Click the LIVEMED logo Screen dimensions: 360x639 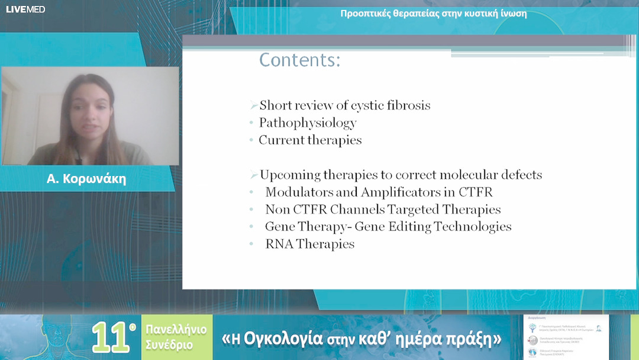point(25,9)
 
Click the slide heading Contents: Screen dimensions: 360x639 point(299,60)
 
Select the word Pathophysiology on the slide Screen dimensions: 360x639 point(308,123)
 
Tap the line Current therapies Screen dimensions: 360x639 point(310,140)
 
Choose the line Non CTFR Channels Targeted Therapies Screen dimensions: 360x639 point(383,210)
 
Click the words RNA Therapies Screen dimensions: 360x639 point(309,244)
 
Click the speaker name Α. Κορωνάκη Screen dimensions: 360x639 point(86,179)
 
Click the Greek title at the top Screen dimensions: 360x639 point(433,14)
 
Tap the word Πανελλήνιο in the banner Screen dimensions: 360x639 point(176,330)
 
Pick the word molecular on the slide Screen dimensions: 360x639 point(468,175)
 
